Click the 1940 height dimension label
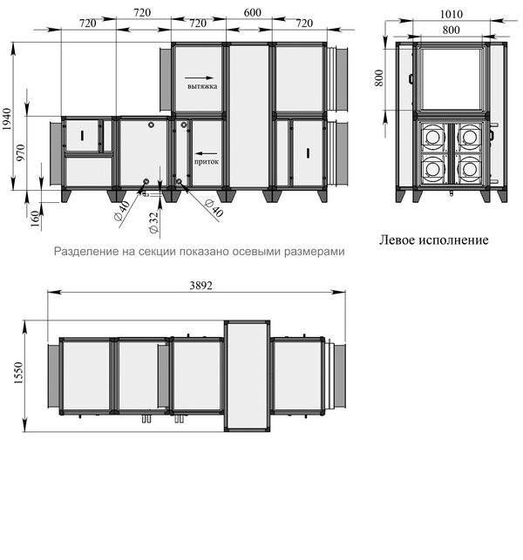(7, 119)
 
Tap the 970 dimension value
(21, 152)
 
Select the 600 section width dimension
(253, 12)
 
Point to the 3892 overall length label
(200, 286)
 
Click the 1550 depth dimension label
(18, 374)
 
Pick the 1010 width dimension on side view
(452, 14)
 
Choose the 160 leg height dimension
(35, 219)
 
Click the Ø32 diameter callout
(153, 223)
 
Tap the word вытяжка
(202, 86)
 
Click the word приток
(207, 162)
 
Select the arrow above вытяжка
(199, 78)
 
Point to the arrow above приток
(206, 153)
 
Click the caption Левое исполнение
(433, 240)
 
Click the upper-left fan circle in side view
(433, 137)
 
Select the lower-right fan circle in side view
(469, 169)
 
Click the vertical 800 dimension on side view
(379, 78)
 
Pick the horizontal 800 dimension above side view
(451, 30)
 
